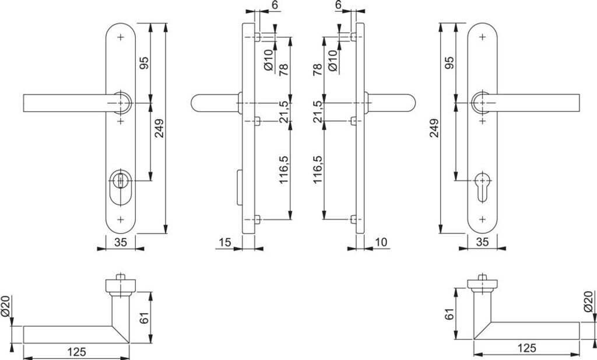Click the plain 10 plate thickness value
(x=381, y=242)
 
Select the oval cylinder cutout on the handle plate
(x=121, y=188)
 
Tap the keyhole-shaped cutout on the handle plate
(x=482, y=188)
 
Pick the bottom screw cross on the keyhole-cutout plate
(x=482, y=219)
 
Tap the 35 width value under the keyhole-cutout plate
(x=482, y=242)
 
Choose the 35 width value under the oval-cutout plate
(x=121, y=242)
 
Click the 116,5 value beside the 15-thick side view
(x=284, y=170)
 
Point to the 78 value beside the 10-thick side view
(x=318, y=70)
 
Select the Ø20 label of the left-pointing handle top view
(x=6, y=306)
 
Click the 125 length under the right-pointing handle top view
(x=526, y=349)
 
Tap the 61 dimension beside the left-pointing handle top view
(x=145, y=318)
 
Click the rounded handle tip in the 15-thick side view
(x=197, y=103)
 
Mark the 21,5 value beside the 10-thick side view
(x=318, y=111)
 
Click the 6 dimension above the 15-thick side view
(x=276, y=5)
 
